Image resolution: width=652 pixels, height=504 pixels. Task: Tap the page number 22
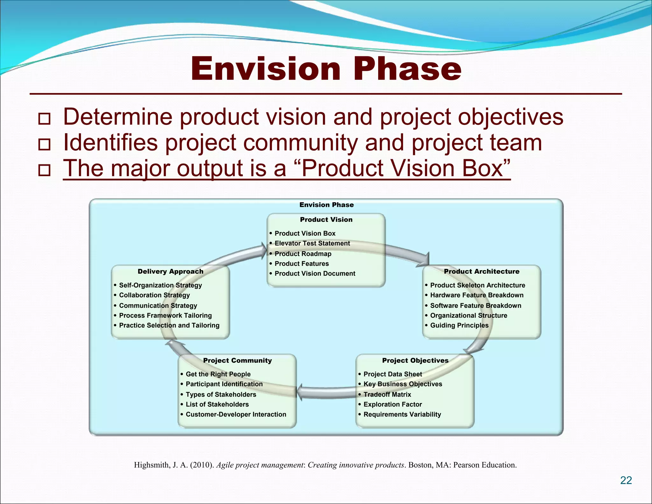coord(626,480)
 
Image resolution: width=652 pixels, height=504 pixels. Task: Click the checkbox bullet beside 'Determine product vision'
coord(44,119)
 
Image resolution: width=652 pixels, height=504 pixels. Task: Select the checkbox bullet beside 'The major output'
coord(44,170)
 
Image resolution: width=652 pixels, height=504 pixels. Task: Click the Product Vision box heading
coord(326,220)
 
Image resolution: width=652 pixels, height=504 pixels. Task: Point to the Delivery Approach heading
coord(170,271)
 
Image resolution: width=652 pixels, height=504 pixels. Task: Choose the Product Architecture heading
coord(481,271)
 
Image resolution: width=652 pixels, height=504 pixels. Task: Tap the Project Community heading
coord(237,360)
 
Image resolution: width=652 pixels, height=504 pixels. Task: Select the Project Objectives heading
coord(415,360)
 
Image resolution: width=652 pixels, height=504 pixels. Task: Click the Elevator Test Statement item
coord(312,243)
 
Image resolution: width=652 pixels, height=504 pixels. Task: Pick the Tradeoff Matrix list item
coord(387,394)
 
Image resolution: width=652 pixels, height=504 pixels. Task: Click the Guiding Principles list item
coord(459,325)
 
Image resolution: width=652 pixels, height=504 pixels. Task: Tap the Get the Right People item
coord(218,374)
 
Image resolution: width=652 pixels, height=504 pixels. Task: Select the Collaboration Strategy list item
coord(154,295)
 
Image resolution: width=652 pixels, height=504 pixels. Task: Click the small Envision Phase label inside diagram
coord(326,205)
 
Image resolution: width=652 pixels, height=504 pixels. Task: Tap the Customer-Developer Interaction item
coord(236,414)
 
